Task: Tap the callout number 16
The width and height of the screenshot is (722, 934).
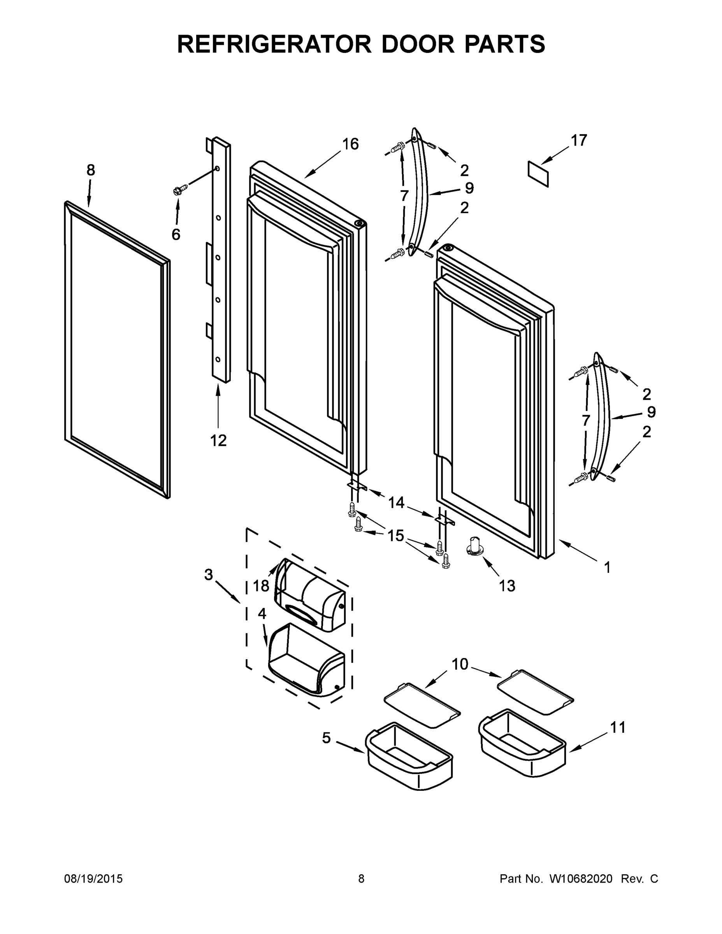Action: coord(350,144)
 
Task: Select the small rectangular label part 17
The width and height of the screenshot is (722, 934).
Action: coord(538,174)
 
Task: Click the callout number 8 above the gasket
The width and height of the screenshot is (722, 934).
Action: coord(91,170)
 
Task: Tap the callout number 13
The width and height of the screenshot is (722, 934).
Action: coord(507,585)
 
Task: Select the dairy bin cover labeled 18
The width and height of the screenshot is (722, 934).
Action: coord(310,596)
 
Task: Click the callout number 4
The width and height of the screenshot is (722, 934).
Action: coord(262,614)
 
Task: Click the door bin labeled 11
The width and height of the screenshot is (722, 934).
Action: coord(523,741)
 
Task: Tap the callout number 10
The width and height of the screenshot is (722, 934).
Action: coord(460,664)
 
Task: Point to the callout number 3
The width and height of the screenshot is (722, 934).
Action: coord(208,574)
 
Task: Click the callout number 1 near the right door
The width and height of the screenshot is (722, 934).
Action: coord(606,567)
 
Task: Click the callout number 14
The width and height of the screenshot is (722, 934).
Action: coord(396,502)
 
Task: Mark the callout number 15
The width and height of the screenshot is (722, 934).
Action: coord(396,535)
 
